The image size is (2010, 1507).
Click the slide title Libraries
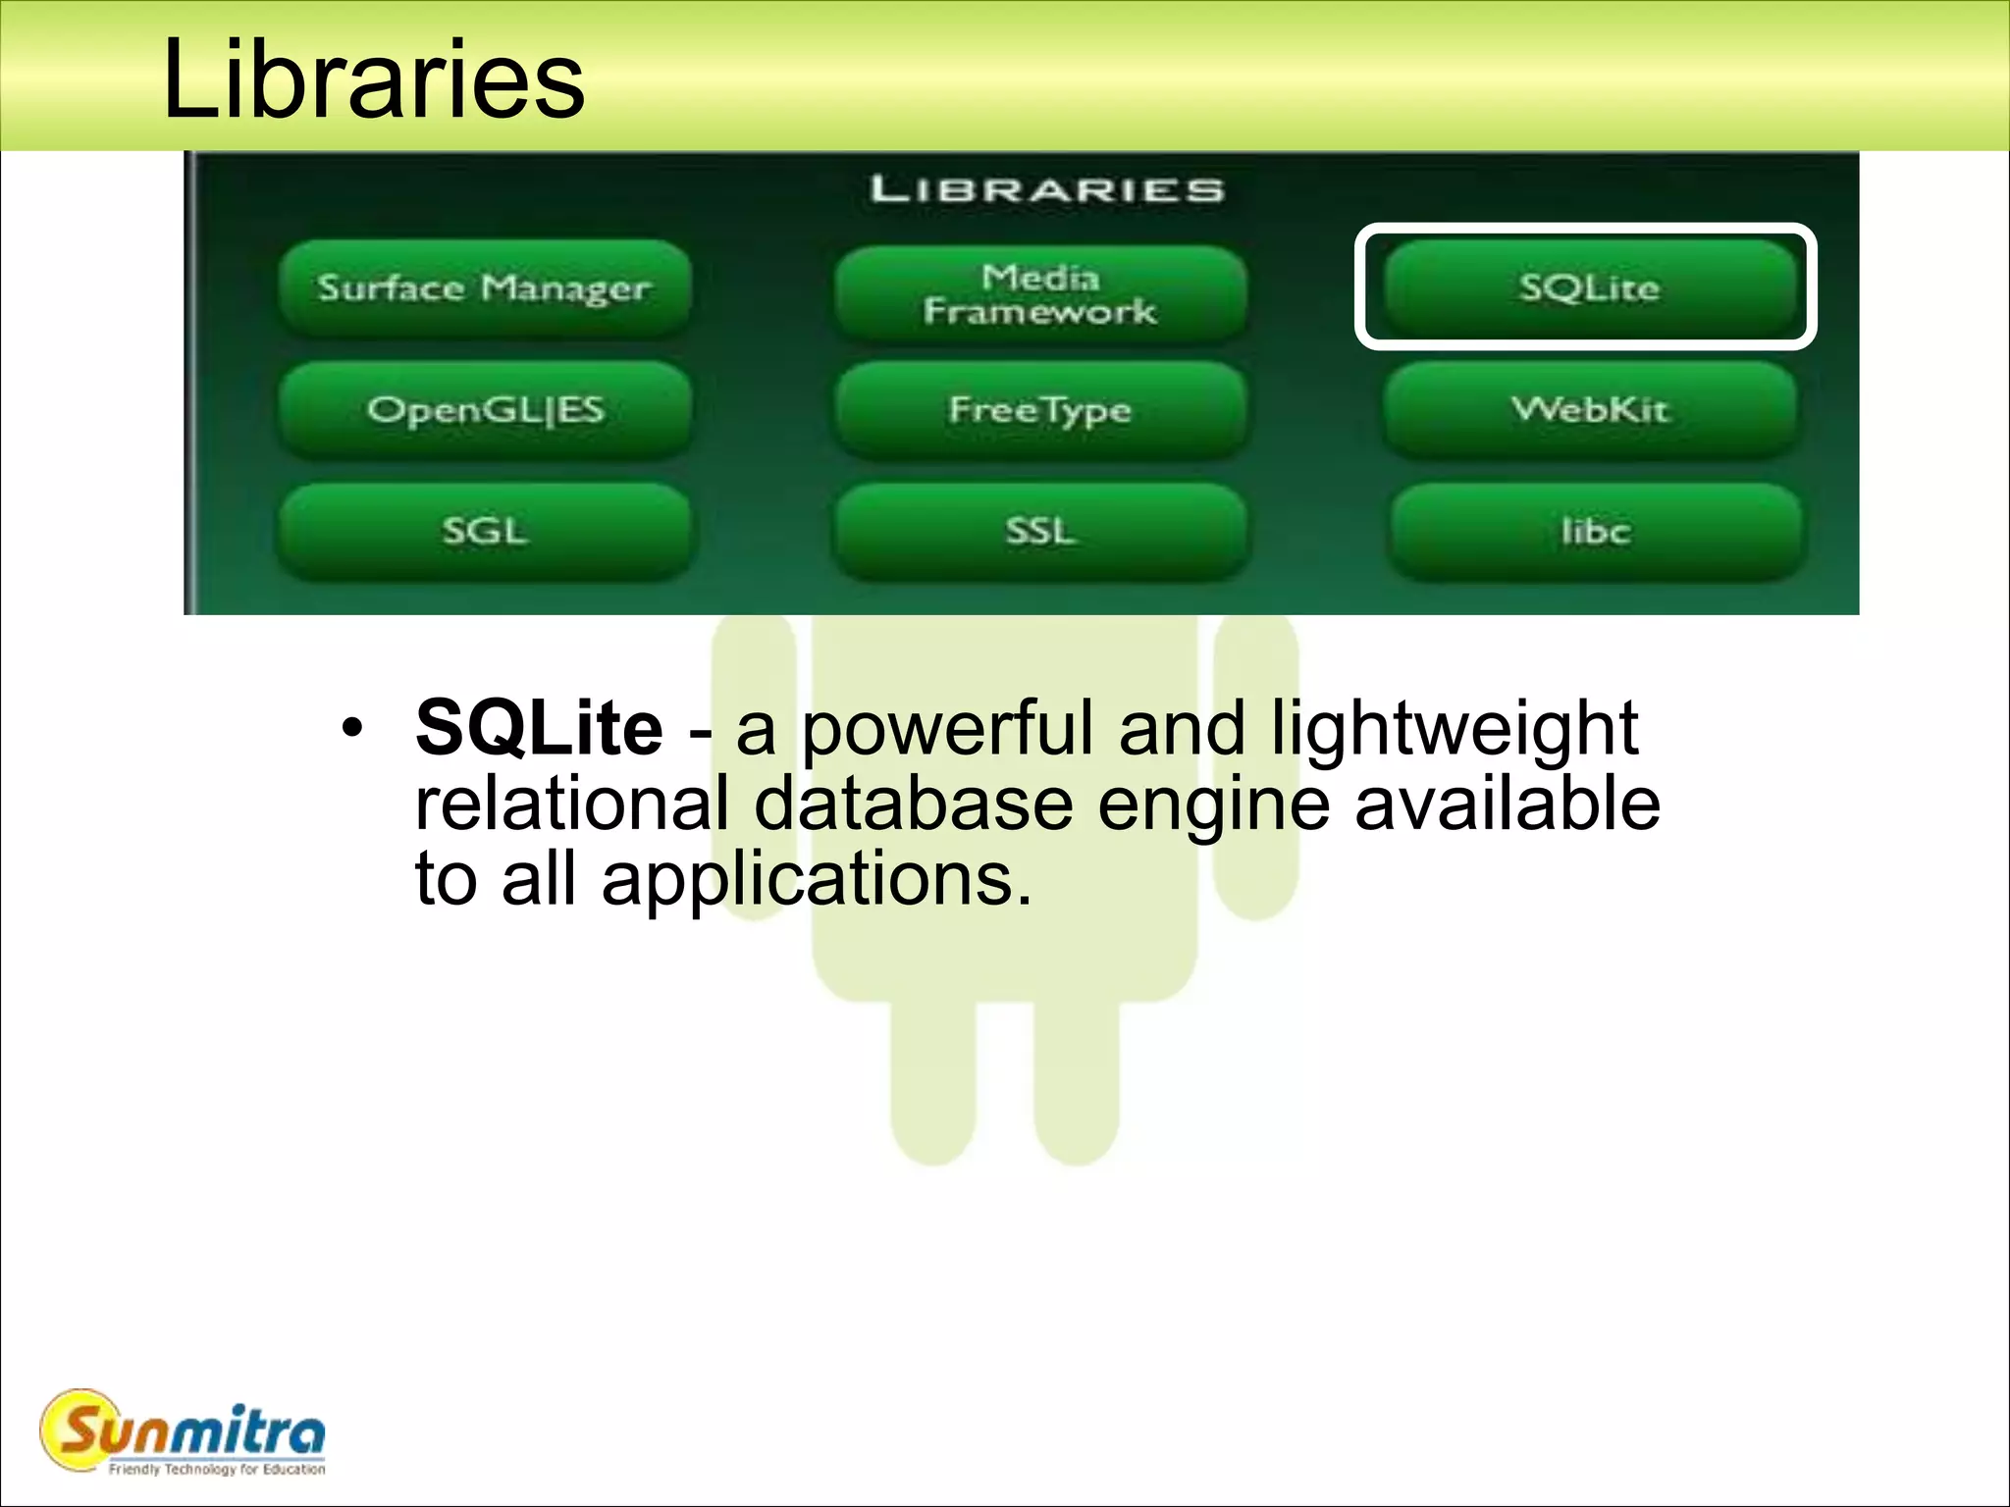[373, 78]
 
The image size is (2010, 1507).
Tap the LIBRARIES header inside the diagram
[1047, 188]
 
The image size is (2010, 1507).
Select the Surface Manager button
[484, 288]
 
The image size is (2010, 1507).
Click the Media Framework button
[1040, 294]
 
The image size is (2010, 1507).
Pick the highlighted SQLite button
[1589, 287]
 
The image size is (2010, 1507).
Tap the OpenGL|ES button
[485, 410]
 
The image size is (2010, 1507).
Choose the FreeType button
[1040, 410]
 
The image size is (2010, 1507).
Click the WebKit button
[1590, 409]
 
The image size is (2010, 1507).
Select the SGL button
[485, 531]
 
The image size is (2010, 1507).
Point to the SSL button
[1040, 531]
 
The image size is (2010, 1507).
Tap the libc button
[1596, 531]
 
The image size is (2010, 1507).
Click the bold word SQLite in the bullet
[539, 728]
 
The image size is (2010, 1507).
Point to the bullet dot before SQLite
[352, 729]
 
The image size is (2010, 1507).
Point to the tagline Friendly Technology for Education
[217, 1469]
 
